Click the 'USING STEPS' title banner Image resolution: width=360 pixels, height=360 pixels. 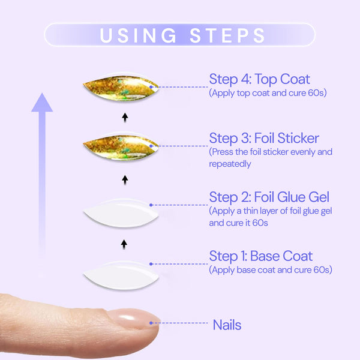point(180,34)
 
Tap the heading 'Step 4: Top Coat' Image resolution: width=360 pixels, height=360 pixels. point(259,79)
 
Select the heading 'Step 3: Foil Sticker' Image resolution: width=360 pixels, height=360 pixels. point(264,138)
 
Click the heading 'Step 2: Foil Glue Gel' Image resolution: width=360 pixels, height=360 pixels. point(269,197)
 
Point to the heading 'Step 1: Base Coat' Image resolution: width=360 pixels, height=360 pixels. point(260,256)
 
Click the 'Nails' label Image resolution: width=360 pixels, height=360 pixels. point(227,325)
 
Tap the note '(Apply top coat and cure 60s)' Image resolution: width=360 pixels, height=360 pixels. point(268,93)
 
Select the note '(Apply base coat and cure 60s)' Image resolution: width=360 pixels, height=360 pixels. point(270,270)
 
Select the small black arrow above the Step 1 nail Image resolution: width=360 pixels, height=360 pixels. point(125,244)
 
